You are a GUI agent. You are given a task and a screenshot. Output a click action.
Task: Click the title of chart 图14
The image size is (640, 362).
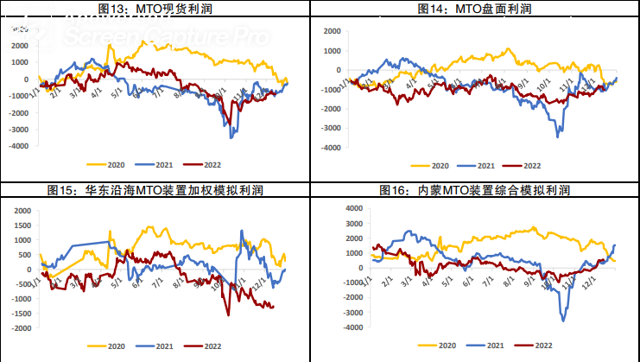[x=473, y=8]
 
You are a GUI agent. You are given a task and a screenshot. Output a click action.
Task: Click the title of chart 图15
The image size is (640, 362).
[x=155, y=189]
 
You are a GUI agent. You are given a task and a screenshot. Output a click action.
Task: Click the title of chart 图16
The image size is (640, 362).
[x=473, y=189]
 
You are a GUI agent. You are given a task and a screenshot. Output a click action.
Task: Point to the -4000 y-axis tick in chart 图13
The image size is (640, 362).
[x=16, y=146]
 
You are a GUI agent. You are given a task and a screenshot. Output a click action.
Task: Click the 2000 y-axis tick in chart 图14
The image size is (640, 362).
[x=333, y=30]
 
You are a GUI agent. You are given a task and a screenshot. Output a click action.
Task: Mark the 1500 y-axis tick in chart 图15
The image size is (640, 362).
[x=21, y=225]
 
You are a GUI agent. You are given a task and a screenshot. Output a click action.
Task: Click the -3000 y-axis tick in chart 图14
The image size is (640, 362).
[x=331, y=128]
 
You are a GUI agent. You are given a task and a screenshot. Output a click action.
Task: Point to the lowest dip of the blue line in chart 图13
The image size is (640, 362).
[x=231, y=137]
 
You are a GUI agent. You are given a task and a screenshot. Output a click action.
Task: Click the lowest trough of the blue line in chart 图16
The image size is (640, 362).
[x=564, y=321]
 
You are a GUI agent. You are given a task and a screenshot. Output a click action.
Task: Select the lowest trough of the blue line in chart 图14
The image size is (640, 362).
[x=557, y=137]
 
